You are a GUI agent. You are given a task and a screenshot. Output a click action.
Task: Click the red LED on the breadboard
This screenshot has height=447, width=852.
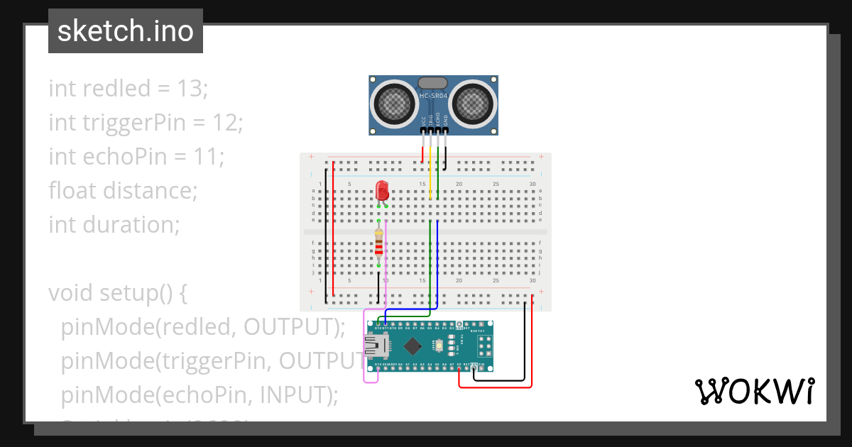pos(382,190)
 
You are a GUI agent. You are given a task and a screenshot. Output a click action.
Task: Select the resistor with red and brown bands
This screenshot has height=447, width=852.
pos(378,243)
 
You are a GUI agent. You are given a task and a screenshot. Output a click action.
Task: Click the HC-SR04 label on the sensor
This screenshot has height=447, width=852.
pos(433,95)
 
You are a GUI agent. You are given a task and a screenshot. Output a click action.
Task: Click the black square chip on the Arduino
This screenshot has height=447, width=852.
pos(413,346)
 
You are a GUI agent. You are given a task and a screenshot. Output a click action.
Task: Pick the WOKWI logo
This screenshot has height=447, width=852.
pos(753,391)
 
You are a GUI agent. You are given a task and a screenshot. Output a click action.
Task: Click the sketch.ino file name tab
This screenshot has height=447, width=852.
pos(126,31)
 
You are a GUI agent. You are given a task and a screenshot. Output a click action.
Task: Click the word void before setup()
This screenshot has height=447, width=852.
pos(72,293)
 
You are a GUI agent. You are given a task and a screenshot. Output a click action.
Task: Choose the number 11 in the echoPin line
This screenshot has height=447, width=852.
pos(207,157)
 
